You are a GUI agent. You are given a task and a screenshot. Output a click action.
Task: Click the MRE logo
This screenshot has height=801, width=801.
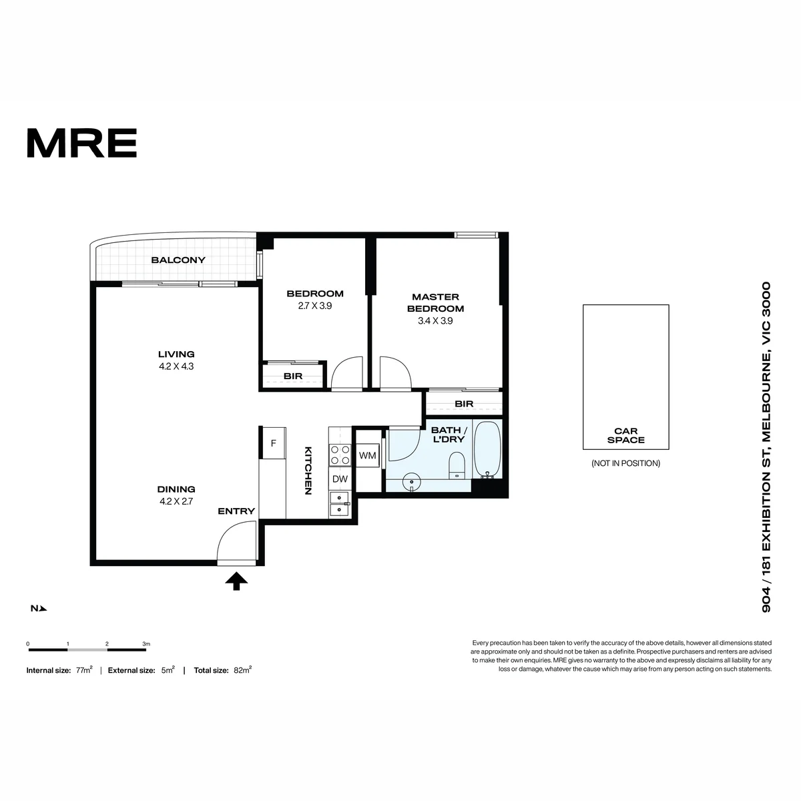82,143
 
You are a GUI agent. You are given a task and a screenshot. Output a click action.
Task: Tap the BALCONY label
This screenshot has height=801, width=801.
178,260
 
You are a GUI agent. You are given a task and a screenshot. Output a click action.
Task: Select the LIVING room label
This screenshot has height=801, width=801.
176,354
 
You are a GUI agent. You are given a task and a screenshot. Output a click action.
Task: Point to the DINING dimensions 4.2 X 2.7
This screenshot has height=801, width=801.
176,502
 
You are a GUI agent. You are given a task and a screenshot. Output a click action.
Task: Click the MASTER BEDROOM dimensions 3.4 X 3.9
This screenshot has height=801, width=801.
435,321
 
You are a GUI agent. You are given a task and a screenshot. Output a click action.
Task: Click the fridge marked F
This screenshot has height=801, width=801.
273,443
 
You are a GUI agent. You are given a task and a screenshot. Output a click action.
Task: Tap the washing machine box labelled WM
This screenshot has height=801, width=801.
367,456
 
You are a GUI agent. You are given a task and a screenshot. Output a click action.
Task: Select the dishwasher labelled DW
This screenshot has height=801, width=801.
340,479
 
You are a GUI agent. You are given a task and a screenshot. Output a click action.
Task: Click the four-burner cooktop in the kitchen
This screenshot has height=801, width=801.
340,455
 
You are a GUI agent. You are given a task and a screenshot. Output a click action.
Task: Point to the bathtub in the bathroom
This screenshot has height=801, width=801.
487,449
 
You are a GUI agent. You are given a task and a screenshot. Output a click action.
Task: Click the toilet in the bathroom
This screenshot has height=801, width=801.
457,465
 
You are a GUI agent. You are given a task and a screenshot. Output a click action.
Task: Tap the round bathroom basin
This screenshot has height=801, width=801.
412,483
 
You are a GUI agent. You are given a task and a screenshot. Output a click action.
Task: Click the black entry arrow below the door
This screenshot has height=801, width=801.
236,581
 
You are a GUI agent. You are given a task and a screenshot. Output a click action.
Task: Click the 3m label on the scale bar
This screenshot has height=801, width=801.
146,644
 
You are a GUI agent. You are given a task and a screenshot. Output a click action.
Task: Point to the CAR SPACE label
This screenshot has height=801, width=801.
625,436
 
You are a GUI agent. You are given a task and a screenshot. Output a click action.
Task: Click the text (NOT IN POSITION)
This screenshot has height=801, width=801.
625,463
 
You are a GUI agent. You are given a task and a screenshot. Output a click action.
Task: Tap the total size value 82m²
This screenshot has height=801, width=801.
242,670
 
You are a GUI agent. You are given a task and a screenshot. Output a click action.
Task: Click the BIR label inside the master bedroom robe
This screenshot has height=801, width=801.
464,404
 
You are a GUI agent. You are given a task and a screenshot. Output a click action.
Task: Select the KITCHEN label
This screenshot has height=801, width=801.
308,471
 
